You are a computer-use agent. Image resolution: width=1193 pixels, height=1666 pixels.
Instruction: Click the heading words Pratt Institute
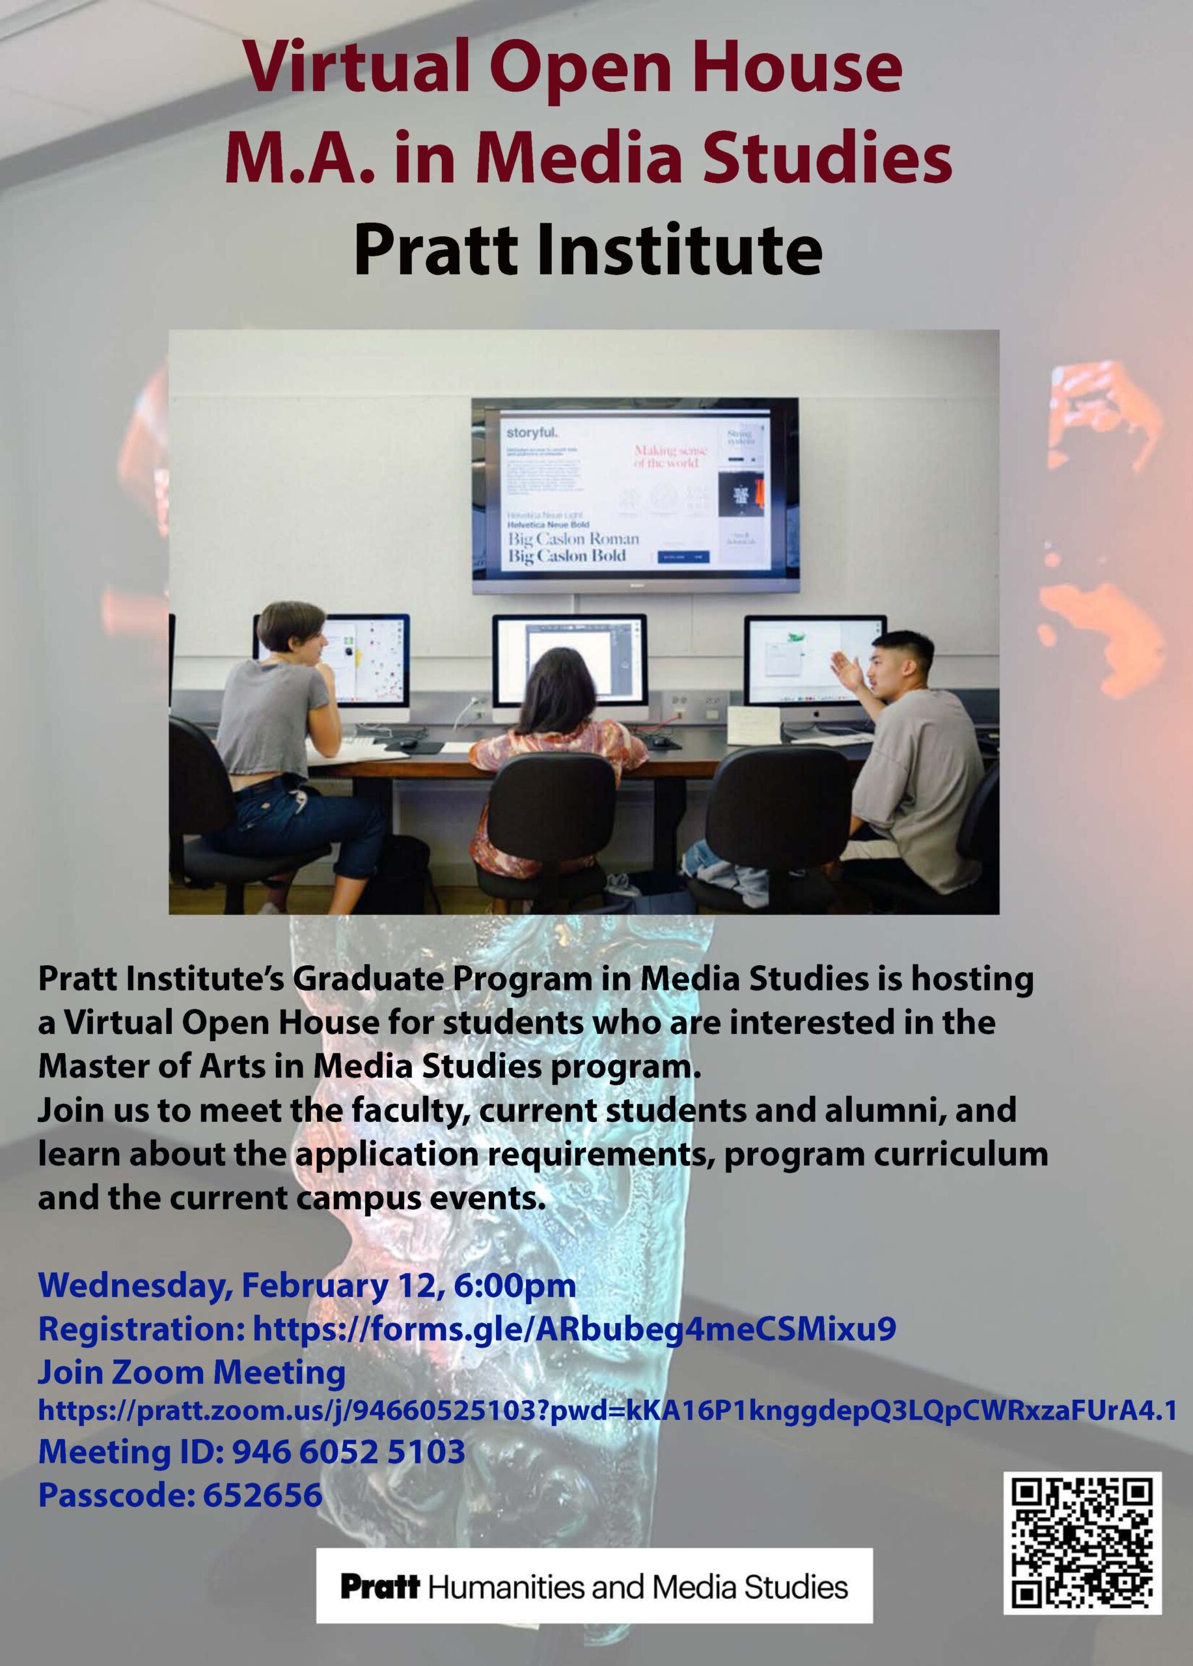[588, 251]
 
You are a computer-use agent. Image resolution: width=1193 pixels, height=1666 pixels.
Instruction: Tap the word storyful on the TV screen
[532, 433]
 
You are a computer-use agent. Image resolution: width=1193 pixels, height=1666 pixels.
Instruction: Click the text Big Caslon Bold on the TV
[566, 556]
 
